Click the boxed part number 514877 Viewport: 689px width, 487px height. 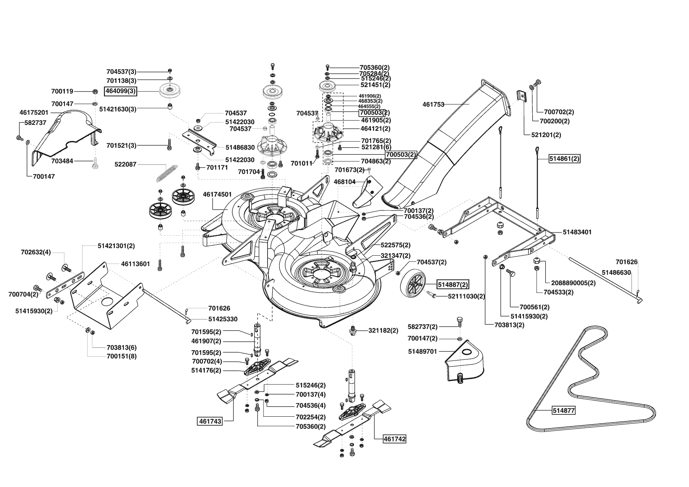tap(564, 411)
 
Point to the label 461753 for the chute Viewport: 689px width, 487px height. tap(434, 104)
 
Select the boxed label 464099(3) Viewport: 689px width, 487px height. tap(120, 92)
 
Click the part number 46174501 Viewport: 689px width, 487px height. tap(217, 194)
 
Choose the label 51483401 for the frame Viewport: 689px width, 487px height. tap(577, 232)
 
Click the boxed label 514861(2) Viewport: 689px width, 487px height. tap(564, 159)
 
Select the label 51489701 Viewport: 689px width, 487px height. tap(422, 352)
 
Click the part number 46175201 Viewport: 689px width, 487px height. tap(34, 112)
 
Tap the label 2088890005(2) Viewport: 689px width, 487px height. tap(573, 283)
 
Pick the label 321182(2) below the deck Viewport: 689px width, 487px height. tap(383, 331)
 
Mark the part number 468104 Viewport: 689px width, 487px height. tap(344, 182)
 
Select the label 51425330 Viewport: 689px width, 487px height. tap(223, 319)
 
